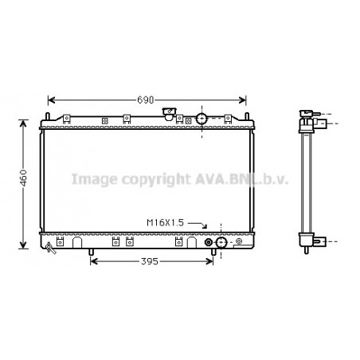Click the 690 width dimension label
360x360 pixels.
pyautogui.click(x=146, y=100)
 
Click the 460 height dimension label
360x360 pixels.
pyautogui.click(x=24, y=178)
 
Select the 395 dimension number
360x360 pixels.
pyautogui.click(x=150, y=261)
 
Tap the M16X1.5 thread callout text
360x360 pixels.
pyautogui.click(x=165, y=223)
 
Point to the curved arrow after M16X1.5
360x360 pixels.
pyautogui.click(x=198, y=225)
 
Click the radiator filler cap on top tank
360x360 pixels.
pyautogui.click(x=169, y=114)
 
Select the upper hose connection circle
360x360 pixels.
pyautogui.click(x=202, y=119)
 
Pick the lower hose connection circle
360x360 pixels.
pyautogui.click(x=221, y=242)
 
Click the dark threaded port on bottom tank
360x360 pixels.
pyautogui.click(x=209, y=242)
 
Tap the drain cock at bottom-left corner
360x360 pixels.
pyautogui.click(x=50, y=248)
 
